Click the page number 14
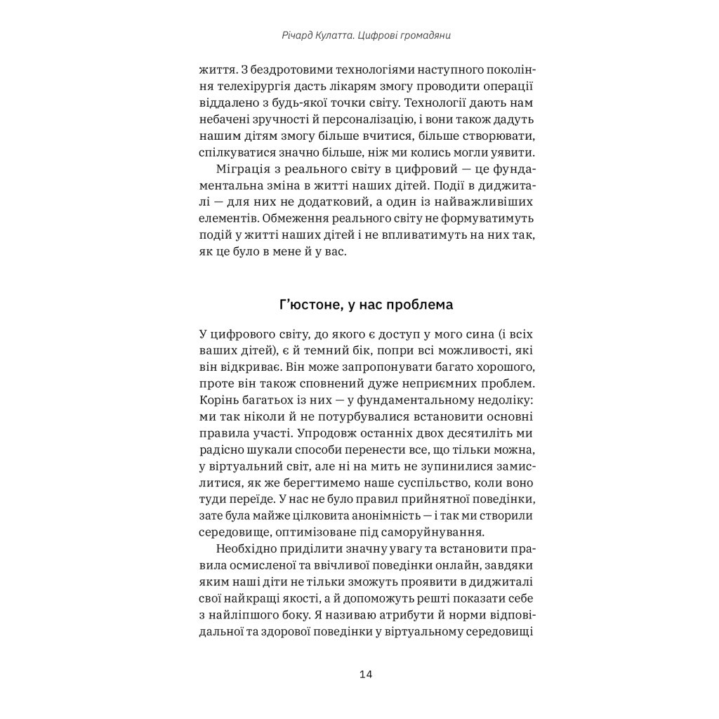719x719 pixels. [x=365, y=675]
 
